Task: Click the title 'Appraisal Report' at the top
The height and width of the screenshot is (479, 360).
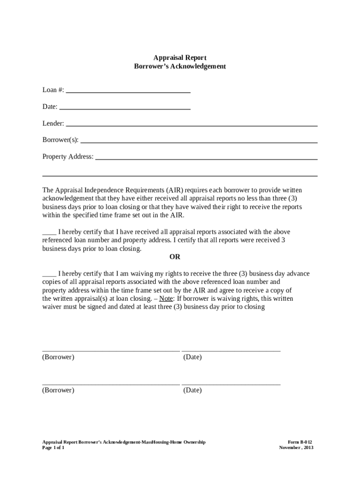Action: pos(180,58)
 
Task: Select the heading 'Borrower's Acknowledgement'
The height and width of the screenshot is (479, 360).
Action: pos(180,66)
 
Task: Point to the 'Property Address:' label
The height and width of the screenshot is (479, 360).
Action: pos(68,157)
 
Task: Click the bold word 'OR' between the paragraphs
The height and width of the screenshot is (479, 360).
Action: pos(174,257)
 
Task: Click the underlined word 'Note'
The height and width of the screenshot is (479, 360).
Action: pos(166,298)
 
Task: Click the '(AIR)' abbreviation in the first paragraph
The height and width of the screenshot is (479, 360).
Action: pos(174,190)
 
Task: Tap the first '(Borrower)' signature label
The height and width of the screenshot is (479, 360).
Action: pos(58,357)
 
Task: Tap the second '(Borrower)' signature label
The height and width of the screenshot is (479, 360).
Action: pos(58,390)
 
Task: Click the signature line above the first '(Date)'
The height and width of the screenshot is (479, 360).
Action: pos(231,350)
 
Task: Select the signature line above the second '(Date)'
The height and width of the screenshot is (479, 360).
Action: pos(231,384)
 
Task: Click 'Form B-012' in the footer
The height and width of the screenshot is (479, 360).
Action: pos(300,442)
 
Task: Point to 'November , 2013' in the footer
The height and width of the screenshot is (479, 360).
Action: pos(296,448)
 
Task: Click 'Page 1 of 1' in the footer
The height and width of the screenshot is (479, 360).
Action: pos(53,448)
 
